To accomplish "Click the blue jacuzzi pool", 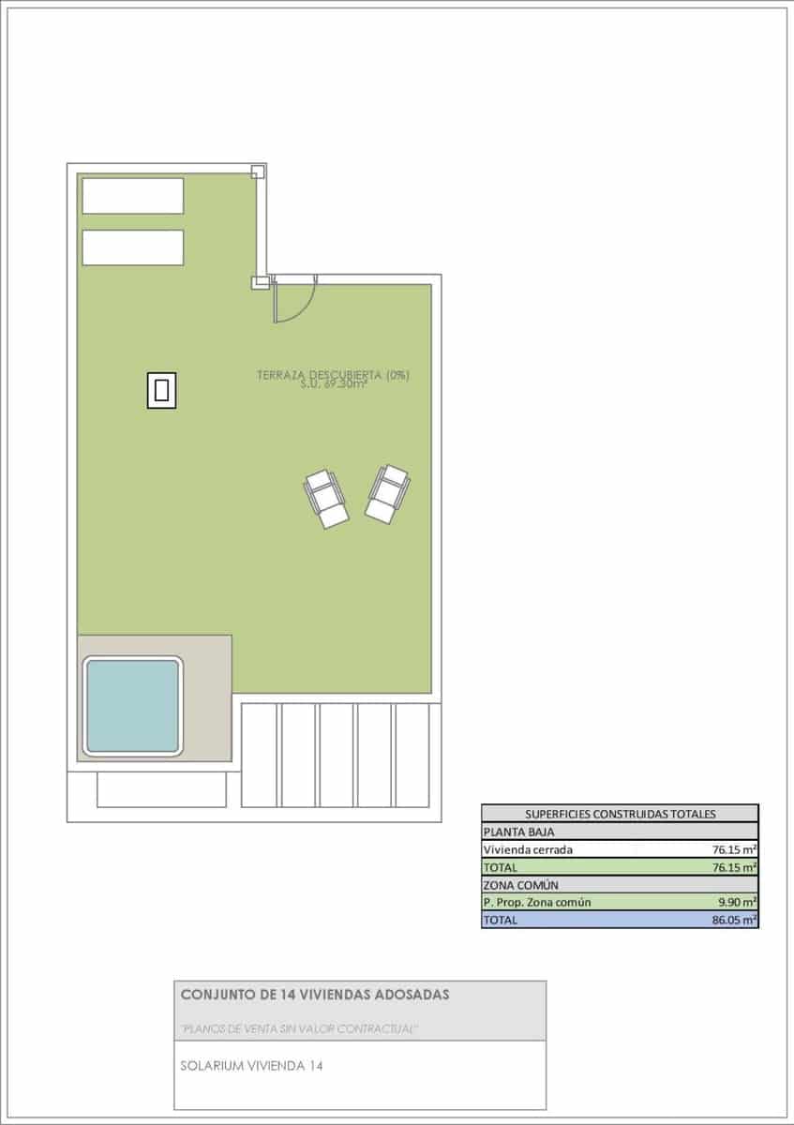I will [x=132, y=706].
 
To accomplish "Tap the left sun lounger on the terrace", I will [x=326, y=498].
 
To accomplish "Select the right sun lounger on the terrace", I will [x=387, y=493].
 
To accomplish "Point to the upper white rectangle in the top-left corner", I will [x=132, y=196].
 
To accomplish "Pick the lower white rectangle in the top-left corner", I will [x=132, y=247].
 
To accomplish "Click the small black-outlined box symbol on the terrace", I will [x=161, y=389].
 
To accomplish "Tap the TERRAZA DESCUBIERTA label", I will [x=333, y=376].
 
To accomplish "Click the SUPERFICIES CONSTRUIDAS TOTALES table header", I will [x=620, y=814].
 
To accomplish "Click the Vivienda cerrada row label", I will [x=527, y=849].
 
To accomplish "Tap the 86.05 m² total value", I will [x=735, y=921].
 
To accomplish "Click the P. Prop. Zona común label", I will [x=536, y=903].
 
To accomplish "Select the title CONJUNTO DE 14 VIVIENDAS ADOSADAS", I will [x=314, y=994].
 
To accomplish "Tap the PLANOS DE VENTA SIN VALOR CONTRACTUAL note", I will [x=299, y=1028].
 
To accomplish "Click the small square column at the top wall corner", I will [x=258, y=172].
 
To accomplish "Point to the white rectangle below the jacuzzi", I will [x=161, y=789].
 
